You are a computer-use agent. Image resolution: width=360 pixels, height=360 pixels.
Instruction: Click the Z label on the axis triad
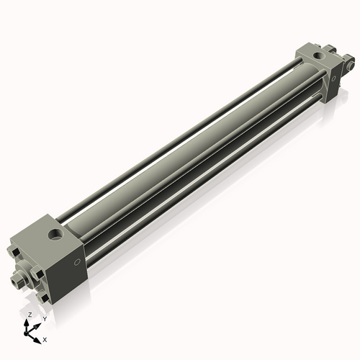[x=30, y=315]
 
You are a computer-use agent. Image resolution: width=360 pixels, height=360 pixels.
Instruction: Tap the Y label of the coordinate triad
[x=45, y=319]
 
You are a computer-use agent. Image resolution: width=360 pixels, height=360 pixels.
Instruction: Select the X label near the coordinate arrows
[x=45, y=340]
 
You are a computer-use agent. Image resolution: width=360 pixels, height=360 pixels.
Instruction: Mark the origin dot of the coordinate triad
[x=25, y=333]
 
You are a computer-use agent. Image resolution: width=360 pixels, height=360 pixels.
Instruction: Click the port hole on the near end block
[x=56, y=234]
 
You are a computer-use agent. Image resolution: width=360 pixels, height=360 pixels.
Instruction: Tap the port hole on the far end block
[x=319, y=56]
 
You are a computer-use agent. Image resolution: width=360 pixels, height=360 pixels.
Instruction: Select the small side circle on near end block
[x=76, y=262]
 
